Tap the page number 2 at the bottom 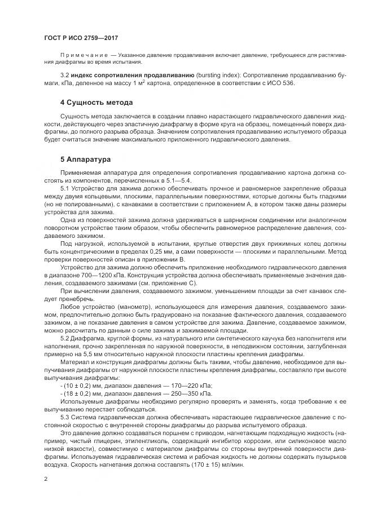pos(46,479)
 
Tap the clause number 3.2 pos(64,74)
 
